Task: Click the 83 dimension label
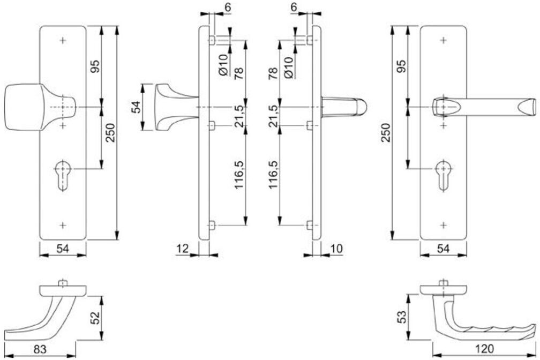[40, 349]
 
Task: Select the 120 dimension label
[484, 349]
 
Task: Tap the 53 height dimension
[402, 317]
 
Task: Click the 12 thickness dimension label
[183, 249]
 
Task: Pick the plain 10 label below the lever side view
[336, 249]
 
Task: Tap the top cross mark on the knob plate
[63, 41]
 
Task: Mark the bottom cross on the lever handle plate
[444, 226]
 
